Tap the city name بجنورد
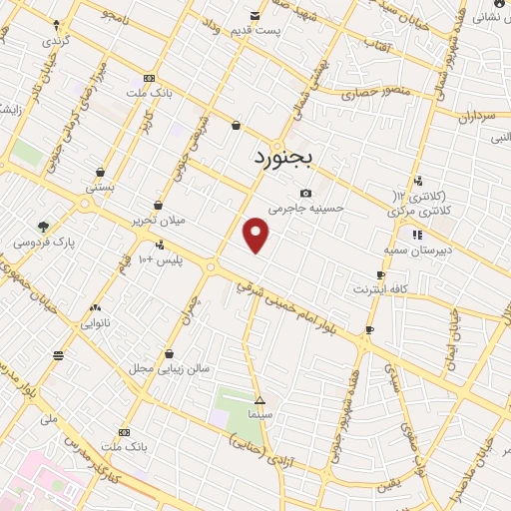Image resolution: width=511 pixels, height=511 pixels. [x=282, y=157]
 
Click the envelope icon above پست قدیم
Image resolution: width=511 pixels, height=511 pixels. [x=255, y=15]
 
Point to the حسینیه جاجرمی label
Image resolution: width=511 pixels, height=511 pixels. [x=312, y=209]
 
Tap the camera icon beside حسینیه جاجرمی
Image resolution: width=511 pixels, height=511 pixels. [x=305, y=194]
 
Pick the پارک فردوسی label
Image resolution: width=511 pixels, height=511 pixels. [x=44, y=242]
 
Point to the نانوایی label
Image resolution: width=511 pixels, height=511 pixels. [x=97, y=322]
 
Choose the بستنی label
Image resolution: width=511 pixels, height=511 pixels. [x=101, y=186]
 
